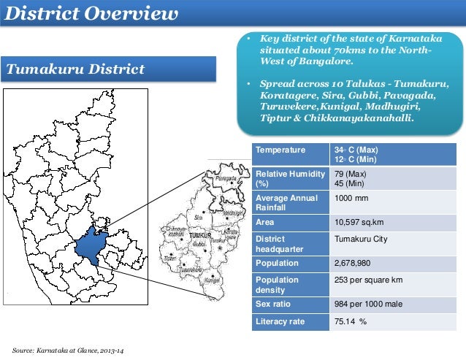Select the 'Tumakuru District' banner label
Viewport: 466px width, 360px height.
point(75,69)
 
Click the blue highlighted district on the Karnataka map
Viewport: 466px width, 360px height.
point(91,244)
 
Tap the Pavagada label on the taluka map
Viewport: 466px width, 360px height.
point(226,177)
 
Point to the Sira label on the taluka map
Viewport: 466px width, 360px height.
point(197,217)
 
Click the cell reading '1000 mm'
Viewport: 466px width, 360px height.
point(351,198)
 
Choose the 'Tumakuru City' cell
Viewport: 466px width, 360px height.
point(360,240)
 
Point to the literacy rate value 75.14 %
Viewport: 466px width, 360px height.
point(350,321)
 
